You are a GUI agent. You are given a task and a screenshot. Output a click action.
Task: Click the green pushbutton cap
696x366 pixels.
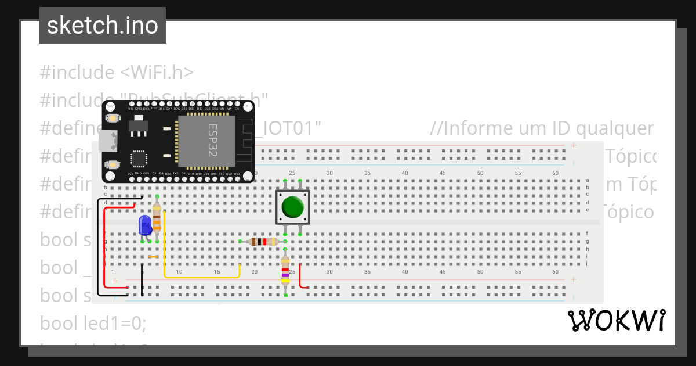(x=292, y=207)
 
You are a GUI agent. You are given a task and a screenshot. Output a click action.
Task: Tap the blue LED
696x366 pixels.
(x=144, y=225)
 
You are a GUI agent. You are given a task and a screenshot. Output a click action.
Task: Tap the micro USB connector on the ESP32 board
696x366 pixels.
(x=107, y=140)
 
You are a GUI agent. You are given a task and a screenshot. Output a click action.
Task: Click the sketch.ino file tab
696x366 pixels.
(x=103, y=26)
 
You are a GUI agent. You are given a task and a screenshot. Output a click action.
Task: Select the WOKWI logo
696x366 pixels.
(x=616, y=321)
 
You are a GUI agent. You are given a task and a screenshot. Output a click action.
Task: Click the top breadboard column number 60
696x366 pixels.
(x=555, y=173)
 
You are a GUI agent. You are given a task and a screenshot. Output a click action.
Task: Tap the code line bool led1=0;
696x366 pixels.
(x=93, y=323)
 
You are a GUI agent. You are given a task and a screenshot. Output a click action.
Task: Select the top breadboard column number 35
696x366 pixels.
(x=367, y=173)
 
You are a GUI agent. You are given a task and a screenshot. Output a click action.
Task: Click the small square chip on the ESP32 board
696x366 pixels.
(x=139, y=159)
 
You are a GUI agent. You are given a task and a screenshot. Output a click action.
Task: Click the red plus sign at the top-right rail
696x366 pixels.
(x=573, y=145)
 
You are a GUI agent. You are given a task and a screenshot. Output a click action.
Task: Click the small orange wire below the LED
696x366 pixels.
(x=153, y=257)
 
